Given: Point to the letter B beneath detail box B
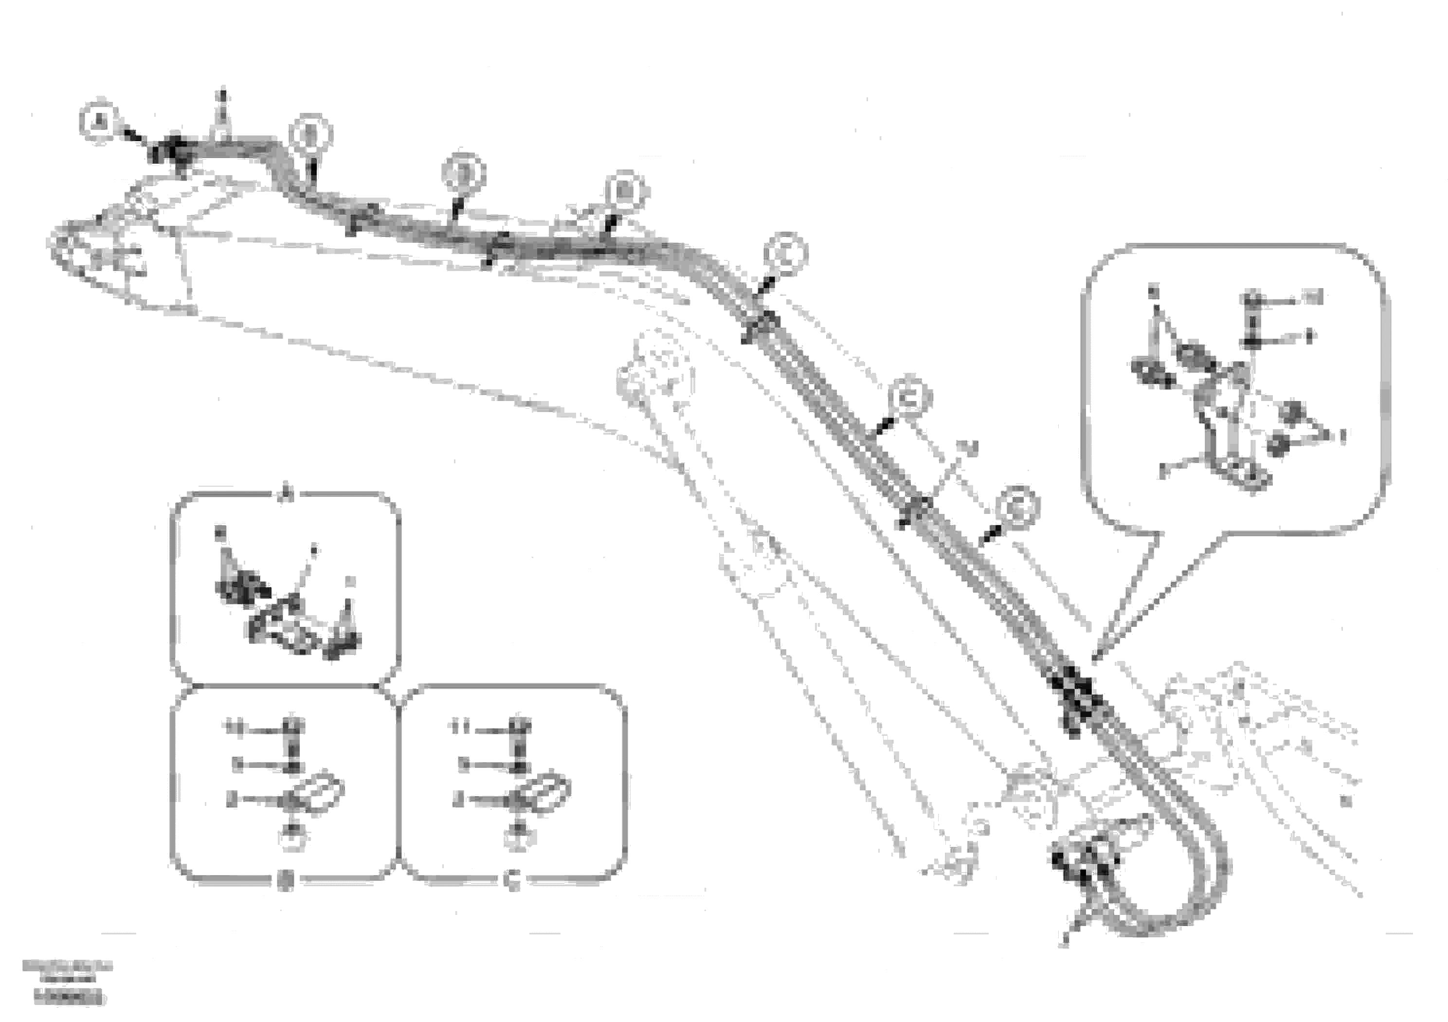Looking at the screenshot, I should coord(285,883).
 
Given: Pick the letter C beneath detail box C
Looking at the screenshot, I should coord(513,883).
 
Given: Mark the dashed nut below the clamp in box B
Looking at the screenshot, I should coord(292,839).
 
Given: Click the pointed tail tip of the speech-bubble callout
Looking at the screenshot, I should coord(1095,660).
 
